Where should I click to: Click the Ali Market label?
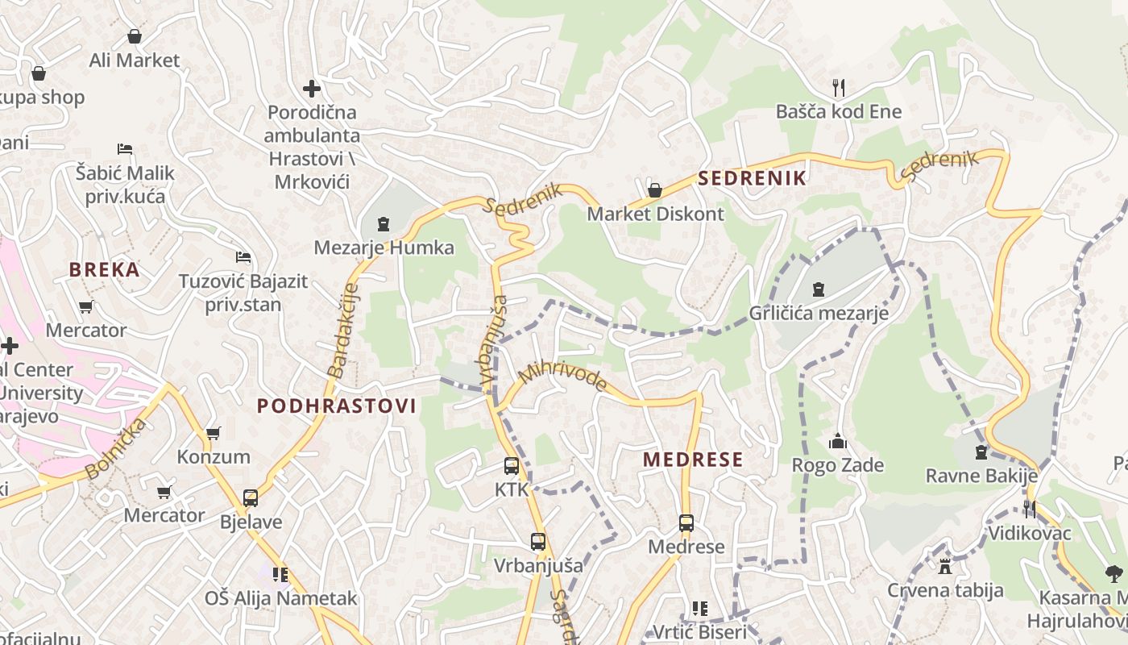tap(135, 60)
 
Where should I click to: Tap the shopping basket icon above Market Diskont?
tap(655, 190)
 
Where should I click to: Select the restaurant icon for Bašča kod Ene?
tap(839, 87)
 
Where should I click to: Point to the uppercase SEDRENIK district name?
tap(753, 178)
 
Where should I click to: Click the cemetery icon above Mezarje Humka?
tap(384, 224)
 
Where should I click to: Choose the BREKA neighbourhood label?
tap(105, 270)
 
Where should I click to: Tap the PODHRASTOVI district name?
tap(336, 406)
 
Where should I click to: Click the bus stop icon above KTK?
tap(512, 466)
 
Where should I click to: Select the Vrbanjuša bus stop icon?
tap(538, 542)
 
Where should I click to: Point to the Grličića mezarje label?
tap(819, 313)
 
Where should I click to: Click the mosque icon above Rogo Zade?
tap(838, 442)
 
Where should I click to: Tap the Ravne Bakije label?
tap(981, 476)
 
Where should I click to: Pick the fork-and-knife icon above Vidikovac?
tap(1030, 509)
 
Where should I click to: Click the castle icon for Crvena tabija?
tap(945, 566)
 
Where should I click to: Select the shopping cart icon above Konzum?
tap(214, 434)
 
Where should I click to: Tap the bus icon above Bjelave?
tap(251, 498)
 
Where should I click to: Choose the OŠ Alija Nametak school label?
tap(280, 598)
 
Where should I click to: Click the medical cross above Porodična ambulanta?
tap(312, 89)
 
